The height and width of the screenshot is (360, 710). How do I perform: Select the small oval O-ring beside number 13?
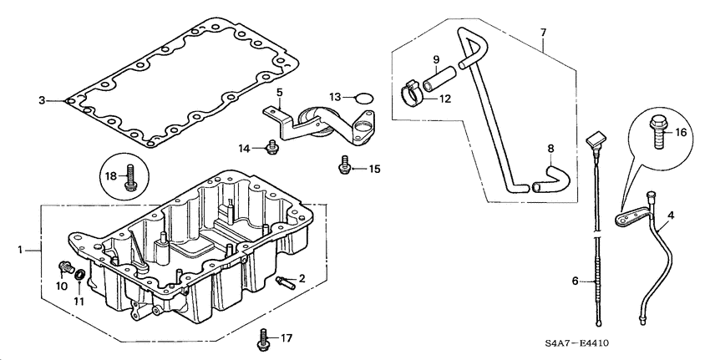tap(363, 99)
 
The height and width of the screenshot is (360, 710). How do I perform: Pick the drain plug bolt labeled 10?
tap(63, 267)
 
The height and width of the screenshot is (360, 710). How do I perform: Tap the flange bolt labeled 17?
tap(264, 339)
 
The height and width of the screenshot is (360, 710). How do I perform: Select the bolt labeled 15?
tap(343, 167)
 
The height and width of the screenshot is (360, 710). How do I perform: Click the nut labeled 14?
tap(270, 148)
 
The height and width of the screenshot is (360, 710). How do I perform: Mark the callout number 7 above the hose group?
tap(543, 32)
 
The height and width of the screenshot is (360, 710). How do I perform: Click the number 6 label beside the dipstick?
tap(574, 282)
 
